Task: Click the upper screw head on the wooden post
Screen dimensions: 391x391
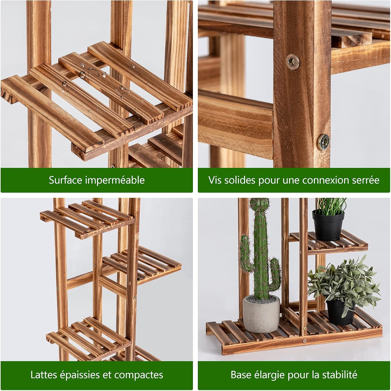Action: [x=293, y=62]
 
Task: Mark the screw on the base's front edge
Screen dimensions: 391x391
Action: [x=304, y=340]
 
